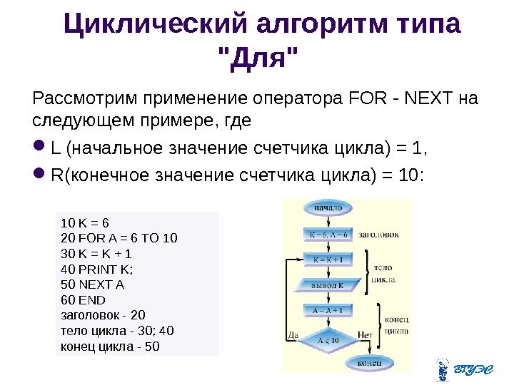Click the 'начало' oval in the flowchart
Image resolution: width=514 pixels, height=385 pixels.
pyautogui.click(x=327, y=208)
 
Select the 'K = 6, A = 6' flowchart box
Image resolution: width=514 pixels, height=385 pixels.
pyautogui.click(x=327, y=234)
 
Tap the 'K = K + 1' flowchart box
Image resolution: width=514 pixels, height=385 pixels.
pyautogui.click(x=327, y=260)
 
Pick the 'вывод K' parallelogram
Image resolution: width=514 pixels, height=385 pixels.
pyautogui.click(x=327, y=285)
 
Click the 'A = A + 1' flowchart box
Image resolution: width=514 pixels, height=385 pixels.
pyautogui.click(x=327, y=310)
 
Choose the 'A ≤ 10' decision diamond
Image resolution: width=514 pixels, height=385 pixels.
pyautogui.click(x=327, y=339)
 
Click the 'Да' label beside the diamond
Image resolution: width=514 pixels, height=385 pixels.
pyautogui.click(x=292, y=334)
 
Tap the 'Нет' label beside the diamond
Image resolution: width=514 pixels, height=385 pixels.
pyautogui.click(x=365, y=334)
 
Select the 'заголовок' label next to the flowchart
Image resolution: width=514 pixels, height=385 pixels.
pyautogui.click(x=378, y=234)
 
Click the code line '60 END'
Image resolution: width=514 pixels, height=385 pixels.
pyautogui.click(x=84, y=300)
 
